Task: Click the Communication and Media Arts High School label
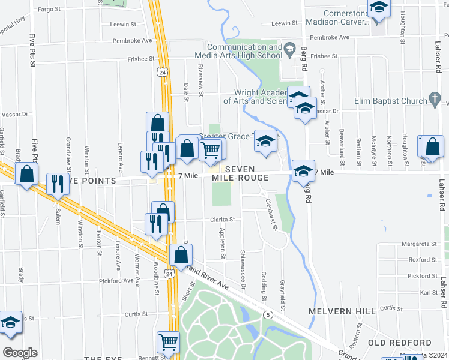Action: coord(244,51)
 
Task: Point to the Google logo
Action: coord(20,352)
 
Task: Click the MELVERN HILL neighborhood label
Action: coord(342,311)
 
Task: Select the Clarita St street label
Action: coord(221,220)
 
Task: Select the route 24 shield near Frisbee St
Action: coord(161,72)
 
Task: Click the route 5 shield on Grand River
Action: coord(268,314)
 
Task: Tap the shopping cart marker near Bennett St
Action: coord(169,343)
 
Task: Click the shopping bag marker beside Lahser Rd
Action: coord(432,146)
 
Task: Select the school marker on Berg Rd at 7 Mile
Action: coord(304,170)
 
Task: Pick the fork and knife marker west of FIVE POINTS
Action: coord(58,184)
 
